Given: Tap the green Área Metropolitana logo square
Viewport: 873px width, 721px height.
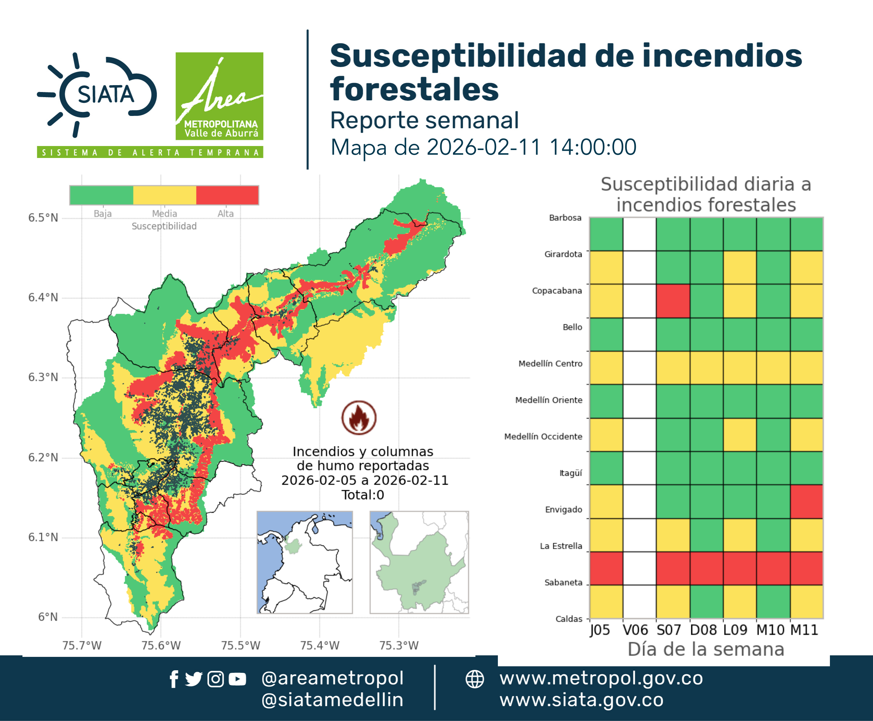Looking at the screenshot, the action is [x=219, y=96].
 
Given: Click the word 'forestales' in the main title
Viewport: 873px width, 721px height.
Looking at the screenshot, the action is [x=414, y=89].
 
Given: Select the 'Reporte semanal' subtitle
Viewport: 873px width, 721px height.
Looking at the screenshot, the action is [x=424, y=120].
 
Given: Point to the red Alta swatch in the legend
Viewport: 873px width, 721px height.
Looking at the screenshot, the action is [x=227, y=195].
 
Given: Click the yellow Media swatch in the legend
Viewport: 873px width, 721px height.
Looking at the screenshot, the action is [x=164, y=195].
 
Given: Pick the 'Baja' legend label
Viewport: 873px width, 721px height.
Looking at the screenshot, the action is [x=102, y=213].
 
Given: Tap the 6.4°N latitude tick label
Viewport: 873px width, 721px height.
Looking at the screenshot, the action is [x=43, y=297].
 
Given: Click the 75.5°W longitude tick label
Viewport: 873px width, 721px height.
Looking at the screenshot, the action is [x=240, y=645].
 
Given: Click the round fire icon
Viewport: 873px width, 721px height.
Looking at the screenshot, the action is [x=359, y=417].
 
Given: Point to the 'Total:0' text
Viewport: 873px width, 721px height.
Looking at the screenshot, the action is [x=363, y=495].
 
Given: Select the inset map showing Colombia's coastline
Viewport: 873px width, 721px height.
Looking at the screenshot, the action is [x=305, y=562].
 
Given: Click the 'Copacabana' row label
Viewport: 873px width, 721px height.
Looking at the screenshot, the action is [x=557, y=291].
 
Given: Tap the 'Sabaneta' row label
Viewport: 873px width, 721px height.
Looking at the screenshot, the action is [x=563, y=582].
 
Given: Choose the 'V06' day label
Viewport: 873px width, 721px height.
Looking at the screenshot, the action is [x=635, y=630].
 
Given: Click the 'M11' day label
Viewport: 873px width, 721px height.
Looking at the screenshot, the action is [x=804, y=630].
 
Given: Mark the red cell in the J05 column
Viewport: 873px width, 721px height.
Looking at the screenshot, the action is [x=606, y=568].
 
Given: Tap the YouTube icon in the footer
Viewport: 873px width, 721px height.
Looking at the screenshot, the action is [x=237, y=679].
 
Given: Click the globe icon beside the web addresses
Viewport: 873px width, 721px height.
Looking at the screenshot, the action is [x=474, y=679].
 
